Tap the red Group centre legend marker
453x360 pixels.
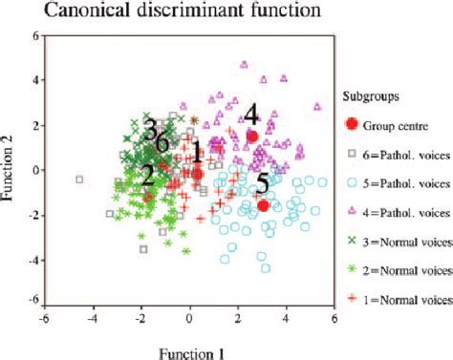coord(351,123)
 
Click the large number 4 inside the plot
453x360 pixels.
coord(251,115)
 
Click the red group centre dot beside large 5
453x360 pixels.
coord(263,204)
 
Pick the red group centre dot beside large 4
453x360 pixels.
coord(252,137)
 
